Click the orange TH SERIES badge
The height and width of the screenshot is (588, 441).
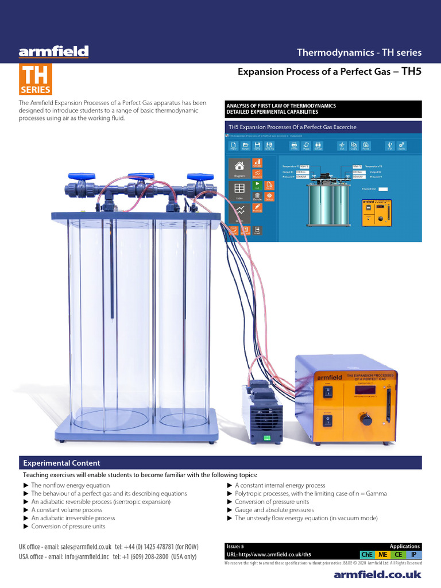pos(36,79)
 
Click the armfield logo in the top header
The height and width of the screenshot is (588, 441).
pos(53,53)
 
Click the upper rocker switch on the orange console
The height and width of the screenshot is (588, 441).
pos(328,392)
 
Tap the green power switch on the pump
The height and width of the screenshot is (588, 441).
pos(266,438)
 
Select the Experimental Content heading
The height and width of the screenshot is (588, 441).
pos(61,463)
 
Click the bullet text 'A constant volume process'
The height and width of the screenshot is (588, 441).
pos(67,509)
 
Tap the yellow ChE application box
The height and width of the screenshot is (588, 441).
pos(365,555)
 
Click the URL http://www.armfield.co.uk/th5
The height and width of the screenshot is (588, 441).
pos(269,555)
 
